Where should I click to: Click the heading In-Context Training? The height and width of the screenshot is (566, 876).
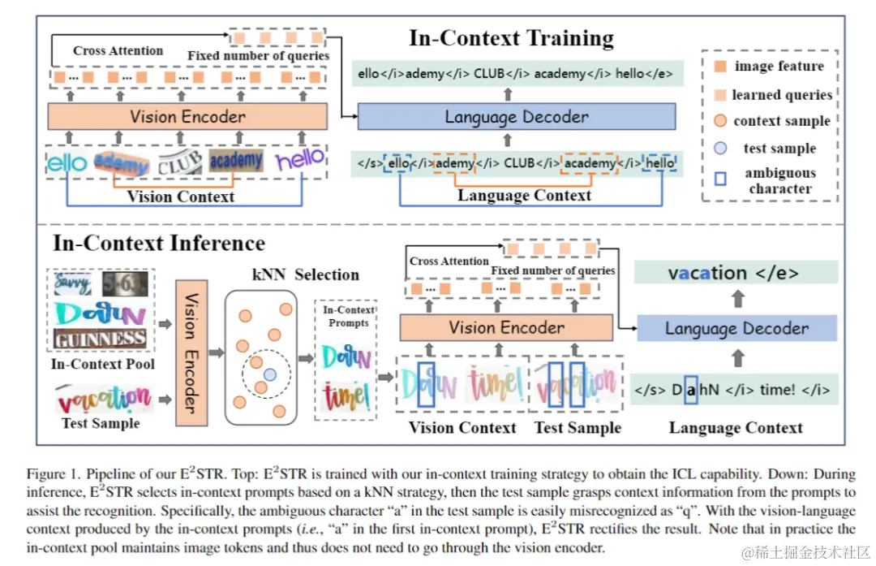pyautogui.click(x=511, y=38)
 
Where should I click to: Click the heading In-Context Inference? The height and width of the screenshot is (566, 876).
pyautogui.click(x=159, y=243)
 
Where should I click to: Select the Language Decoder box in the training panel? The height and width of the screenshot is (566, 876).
pyautogui.click(x=517, y=117)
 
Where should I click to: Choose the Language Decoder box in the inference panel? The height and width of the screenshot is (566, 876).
pyautogui.click(x=736, y=328)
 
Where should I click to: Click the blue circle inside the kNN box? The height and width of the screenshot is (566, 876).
pyautogui.click(x=269, y=374)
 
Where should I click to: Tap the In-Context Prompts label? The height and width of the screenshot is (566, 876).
pyautogui.click(x=348, y=316)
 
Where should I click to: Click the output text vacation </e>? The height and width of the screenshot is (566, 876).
pyautogui.click(x=733, y=273)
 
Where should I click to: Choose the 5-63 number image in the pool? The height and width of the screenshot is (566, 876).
pyautogui.click(x=125, y=284)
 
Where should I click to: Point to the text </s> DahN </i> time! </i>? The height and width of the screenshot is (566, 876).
pyautogui.click(x=733, y=390)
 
